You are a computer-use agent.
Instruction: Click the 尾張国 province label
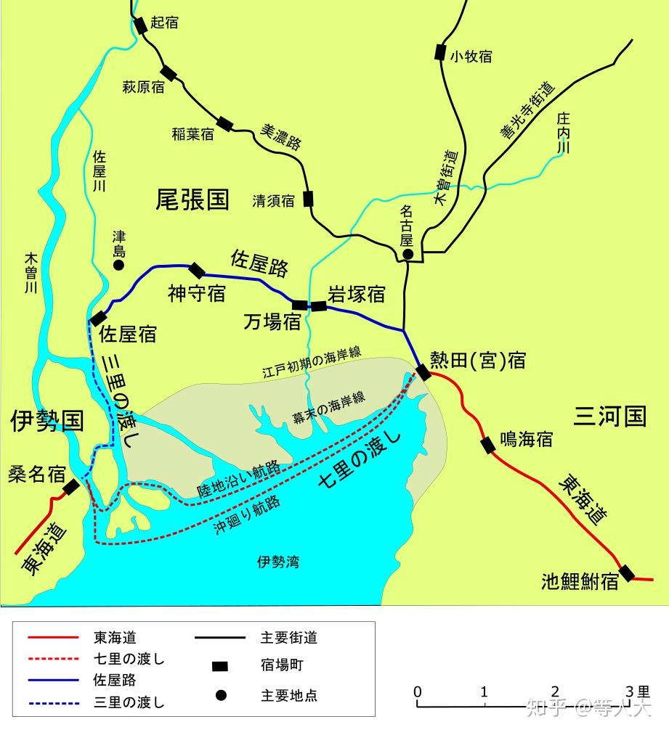[192, 200]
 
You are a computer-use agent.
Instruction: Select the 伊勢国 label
[46, 420]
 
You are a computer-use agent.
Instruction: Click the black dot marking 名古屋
[408, 254]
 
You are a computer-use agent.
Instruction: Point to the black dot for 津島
[118, 266]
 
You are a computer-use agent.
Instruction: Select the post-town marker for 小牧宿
[439, 52]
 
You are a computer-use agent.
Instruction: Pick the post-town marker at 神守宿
[197, 271]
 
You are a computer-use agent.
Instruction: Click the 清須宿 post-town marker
[309, 199]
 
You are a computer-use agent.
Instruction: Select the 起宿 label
[165, 23]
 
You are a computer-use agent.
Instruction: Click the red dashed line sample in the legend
[52, 659]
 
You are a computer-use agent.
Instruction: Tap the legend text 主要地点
[288, 695]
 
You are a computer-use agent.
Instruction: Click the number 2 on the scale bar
[555, 691]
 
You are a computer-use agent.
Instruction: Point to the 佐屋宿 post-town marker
[98, 319]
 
